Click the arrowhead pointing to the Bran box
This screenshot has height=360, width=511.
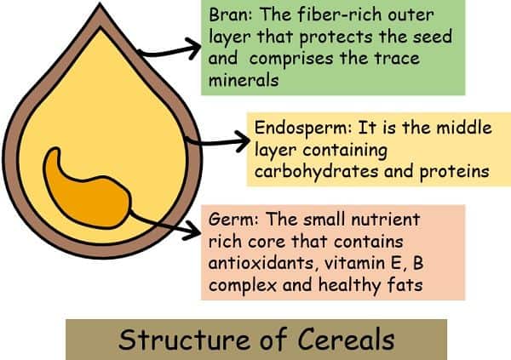tap(193, 48)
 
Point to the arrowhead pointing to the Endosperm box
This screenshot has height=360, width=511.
tap(242, 141)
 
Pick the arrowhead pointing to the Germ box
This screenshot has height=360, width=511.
tap(192, 229)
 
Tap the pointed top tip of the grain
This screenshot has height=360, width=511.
tap(100, 3)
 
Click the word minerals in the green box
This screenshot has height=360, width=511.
tap(244, 80)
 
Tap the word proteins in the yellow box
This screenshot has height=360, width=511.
tap(454, 171)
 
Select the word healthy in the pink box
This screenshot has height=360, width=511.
tap(348, 284)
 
